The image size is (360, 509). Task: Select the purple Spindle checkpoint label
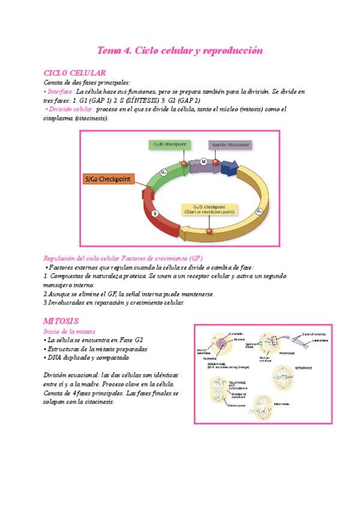click(230, 145)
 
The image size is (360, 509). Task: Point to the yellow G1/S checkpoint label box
click(209, 209)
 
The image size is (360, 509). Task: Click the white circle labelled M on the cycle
click(203, 161)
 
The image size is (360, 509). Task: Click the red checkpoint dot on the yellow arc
click(209, 230)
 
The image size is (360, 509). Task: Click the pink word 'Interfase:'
click(59, 92)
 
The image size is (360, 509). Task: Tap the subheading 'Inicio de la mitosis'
click(70, 331)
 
